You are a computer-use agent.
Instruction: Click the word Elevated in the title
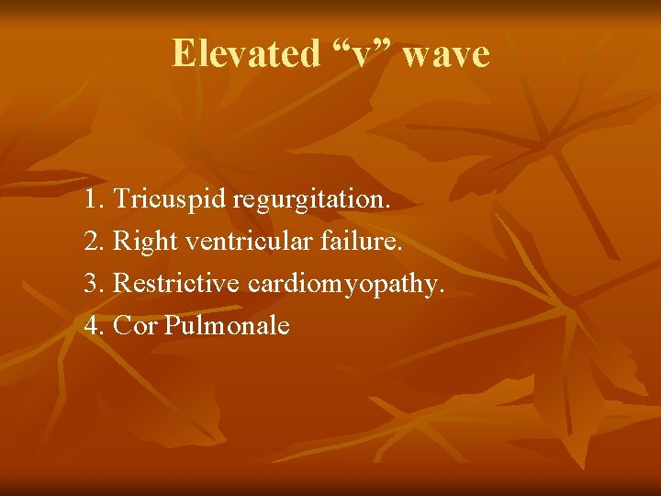pos(244,54)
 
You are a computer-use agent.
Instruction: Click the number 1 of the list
pos(90,200)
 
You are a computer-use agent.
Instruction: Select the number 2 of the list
pos(91,242)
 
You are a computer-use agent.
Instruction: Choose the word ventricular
pos(242,242)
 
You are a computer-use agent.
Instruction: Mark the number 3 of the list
pos(91,284)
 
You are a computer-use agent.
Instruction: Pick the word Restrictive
pos(176,284)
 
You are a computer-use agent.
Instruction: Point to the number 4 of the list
pos(91,326)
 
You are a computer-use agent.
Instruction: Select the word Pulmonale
pos(227,326)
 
